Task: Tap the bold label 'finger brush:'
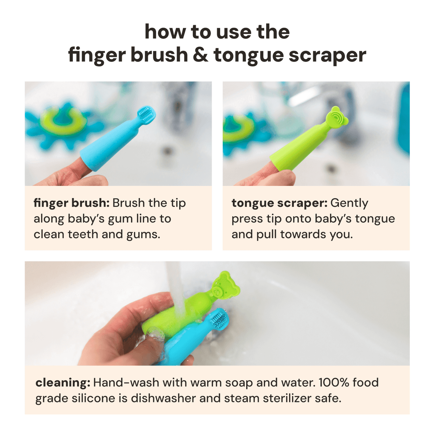71,203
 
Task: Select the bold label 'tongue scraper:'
279,203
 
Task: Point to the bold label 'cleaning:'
63,382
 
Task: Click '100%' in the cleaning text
334,382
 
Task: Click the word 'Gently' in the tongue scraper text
349,203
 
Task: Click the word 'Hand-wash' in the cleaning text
126,382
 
